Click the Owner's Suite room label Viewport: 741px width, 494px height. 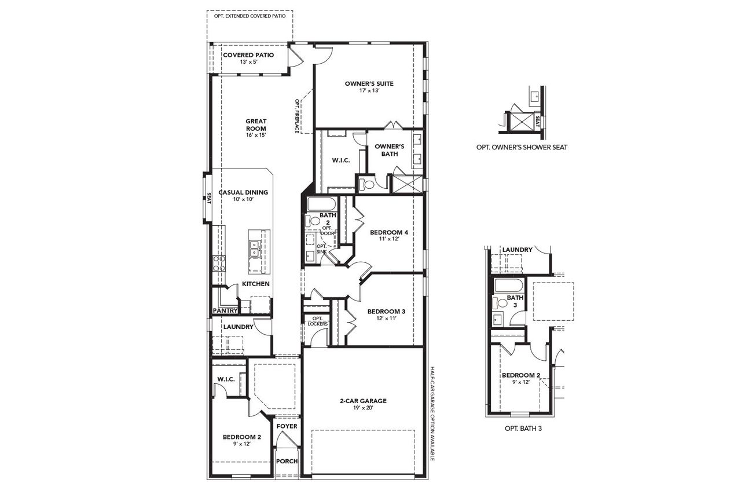[369, 83]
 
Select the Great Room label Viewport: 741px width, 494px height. [255, 125]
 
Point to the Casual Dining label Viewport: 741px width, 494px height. [243, 192]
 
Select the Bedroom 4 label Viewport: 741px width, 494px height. [389, 232]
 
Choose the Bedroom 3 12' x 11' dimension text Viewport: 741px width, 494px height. [386, 319]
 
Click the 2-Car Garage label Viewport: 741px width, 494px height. [362, 401]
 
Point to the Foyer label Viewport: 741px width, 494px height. [287, 426]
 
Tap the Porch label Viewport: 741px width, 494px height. [287, 462]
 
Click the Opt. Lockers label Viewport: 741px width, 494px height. [317, 321]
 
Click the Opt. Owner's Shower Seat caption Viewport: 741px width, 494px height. [521, 147]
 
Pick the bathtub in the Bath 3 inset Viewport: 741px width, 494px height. [508, 285]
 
